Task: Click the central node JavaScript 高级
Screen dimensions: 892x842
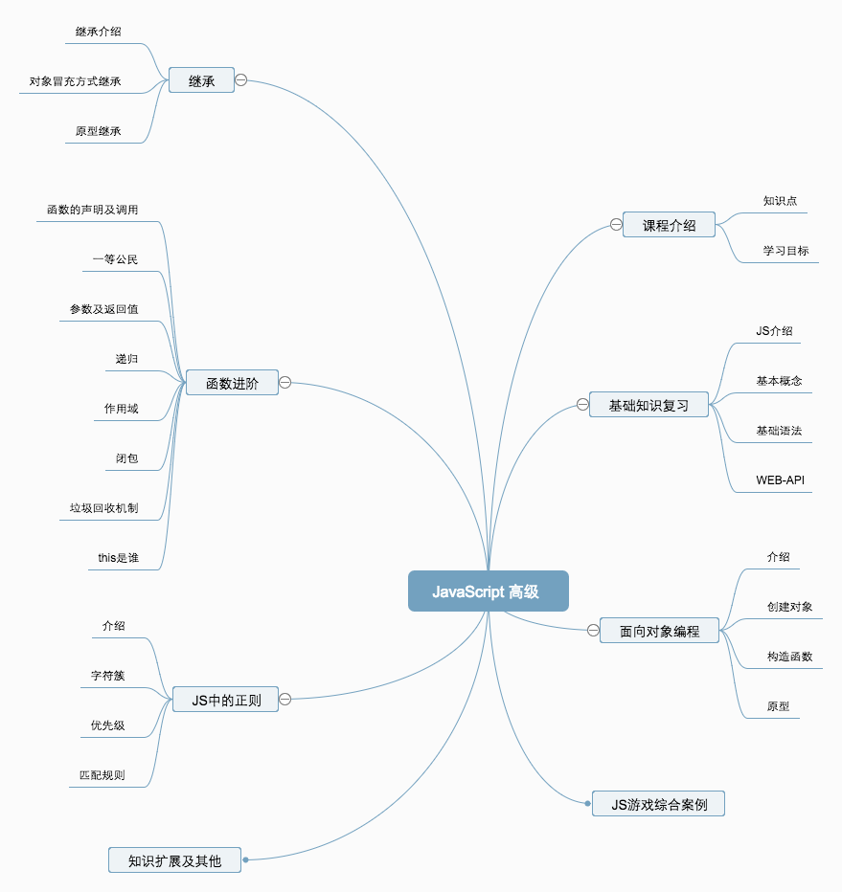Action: click(488, 591)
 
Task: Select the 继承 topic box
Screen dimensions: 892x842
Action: click(201, 80)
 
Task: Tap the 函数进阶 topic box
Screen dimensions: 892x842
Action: click(231, 383)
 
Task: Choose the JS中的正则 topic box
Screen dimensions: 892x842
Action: click(225, 700)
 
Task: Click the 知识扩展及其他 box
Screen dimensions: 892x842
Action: click(174, 860)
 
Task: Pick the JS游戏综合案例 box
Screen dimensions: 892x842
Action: click(658, 804)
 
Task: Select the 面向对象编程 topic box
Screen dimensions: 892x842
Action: click(659, 631)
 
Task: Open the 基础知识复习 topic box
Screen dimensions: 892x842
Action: click(649, 405)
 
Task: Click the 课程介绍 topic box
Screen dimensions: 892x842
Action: click(670, 226)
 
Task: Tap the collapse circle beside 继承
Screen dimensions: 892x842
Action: click(241, 80)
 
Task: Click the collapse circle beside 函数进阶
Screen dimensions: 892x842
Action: click(284, 383)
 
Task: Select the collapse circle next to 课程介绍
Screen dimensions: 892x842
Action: click(616, 225)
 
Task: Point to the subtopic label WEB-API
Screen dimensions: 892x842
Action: click(780, 479)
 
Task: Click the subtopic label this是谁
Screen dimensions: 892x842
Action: click(118, 558)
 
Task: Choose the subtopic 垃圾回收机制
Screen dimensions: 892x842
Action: click(97, 508)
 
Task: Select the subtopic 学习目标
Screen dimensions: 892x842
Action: click(785, 251)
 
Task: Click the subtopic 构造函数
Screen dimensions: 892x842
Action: click(789, 657)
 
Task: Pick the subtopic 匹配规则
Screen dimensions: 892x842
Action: click(102, 775)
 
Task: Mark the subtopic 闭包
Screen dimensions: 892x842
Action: click(126, 458)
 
